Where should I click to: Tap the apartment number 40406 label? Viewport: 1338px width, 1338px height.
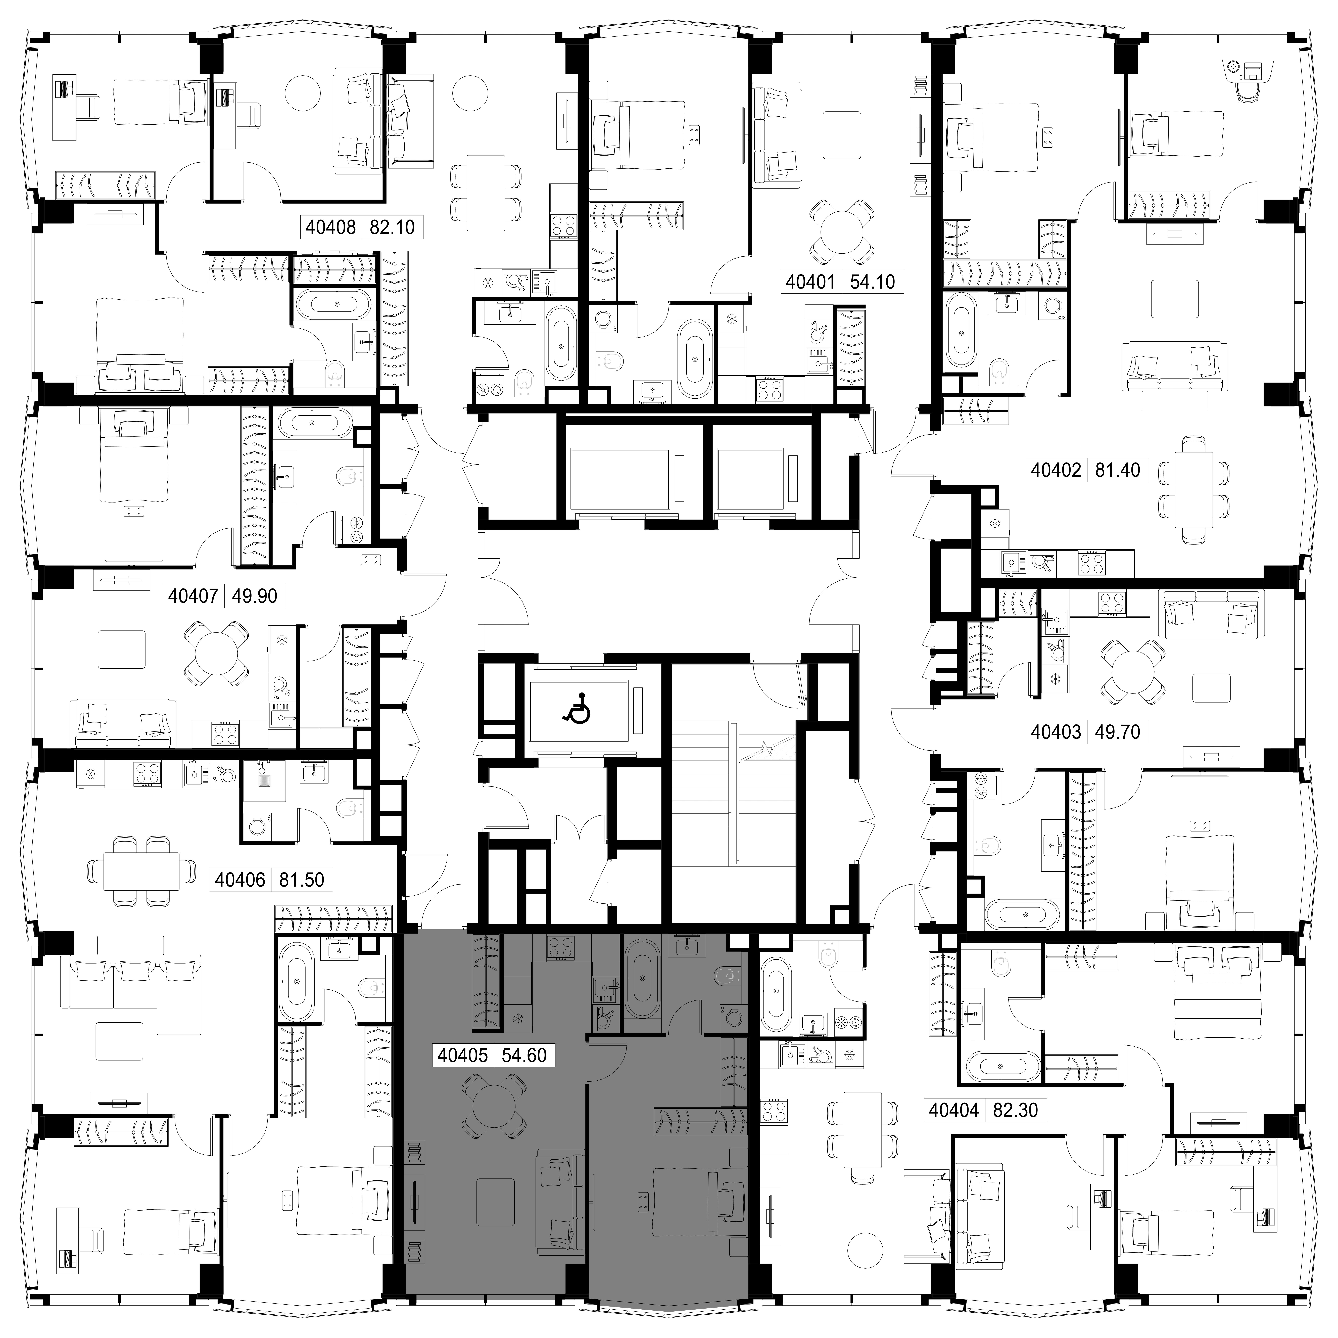(x=240, y=880)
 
